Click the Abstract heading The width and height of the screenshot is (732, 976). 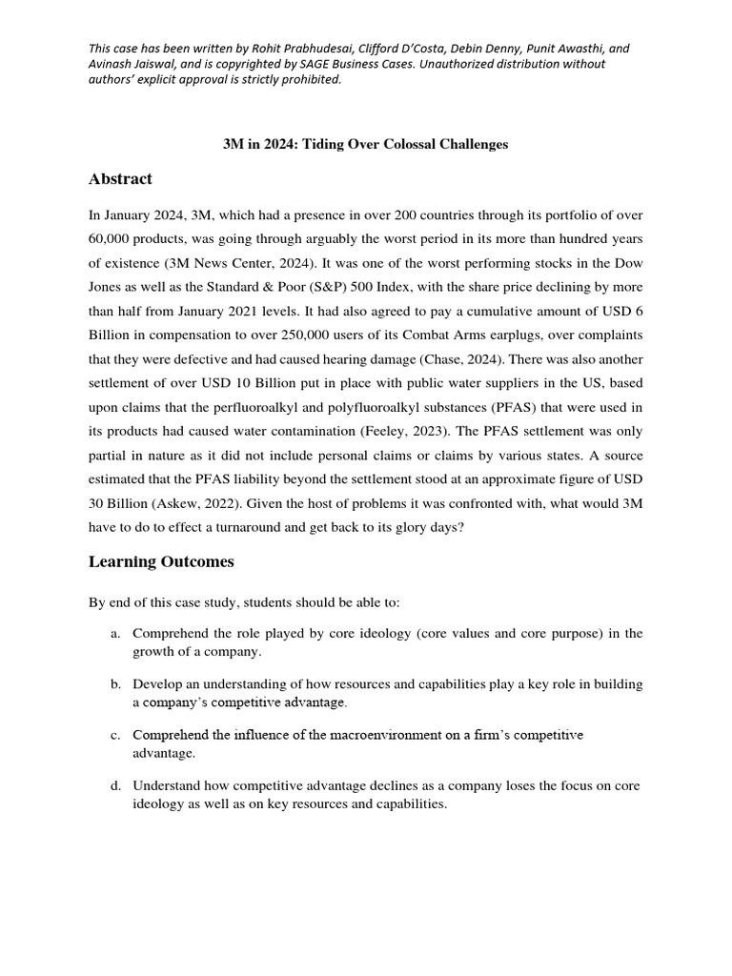(120, 179)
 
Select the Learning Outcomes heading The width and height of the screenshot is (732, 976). (160, 562)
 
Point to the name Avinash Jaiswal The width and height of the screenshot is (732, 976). (130, 64)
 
